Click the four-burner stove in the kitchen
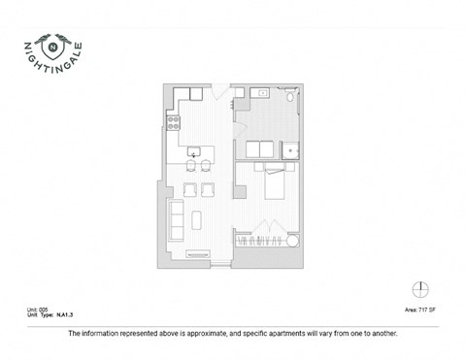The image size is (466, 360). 175,122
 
